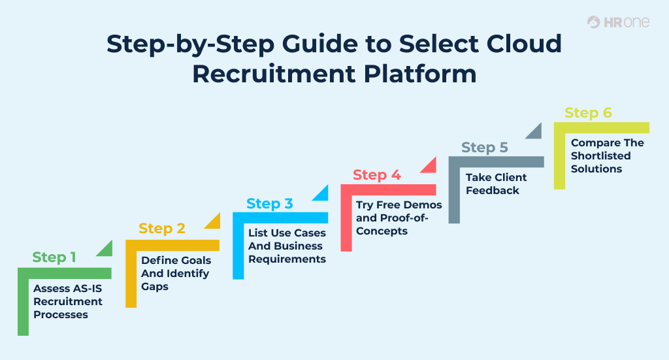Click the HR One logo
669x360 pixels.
pyautogui.click(x=618, y=22)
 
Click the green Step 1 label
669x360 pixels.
pyautogui.click(x=54, y=257)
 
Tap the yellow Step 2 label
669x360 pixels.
pyautogui.click(x=162, y=229)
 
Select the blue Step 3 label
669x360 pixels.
pyautogui.click(x=269, y=204)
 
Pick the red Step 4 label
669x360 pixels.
pyautogui.click(x=377, y=175)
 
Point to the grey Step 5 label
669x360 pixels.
pyautogui.click(x=484, y=148)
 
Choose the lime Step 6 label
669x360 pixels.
pyautogui.click(x=588, y=113)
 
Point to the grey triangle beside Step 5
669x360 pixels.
pyautogui.click(x=536, y=132)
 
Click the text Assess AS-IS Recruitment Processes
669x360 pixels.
pyautogui.click(x=68, y=301)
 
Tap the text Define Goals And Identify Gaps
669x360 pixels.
pyautogui.click(x=176, y=273)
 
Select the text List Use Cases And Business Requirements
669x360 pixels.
pyautogui.click(x=287, y=246)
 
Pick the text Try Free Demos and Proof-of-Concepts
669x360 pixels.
pyautogui.click(x=399, y=218)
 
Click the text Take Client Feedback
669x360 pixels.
pyautogui.click(x=496, y=184)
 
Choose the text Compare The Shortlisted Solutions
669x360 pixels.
pyautogui.click(x=607, y=155)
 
